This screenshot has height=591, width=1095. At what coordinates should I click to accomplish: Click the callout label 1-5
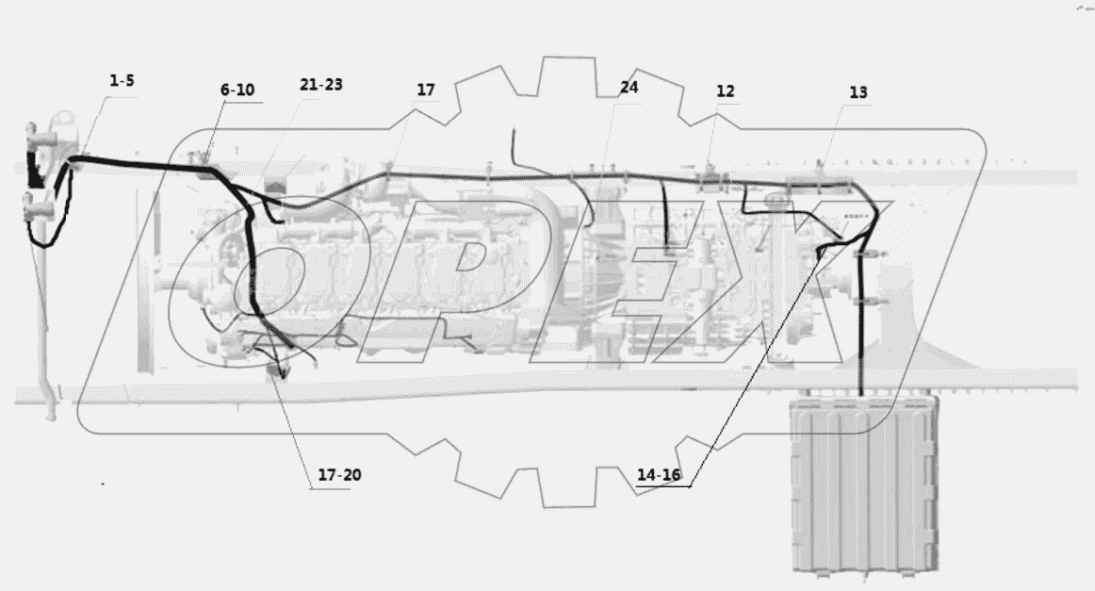click(x=122, y=81)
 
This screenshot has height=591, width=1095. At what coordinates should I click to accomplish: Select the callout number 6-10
click(x=237, y=90)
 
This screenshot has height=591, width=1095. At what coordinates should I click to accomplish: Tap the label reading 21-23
click(x=321, y=85)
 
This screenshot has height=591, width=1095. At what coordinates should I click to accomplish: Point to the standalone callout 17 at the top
click(x=426, y=90)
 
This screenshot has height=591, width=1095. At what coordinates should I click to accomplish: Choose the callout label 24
click(x=629, y=88)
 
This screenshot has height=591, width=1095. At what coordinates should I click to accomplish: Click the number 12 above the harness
click(x=725, y=91)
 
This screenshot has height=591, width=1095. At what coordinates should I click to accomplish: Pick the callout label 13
click(x=858, y=92)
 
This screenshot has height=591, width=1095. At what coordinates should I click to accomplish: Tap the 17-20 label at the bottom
click(x=339, y=475)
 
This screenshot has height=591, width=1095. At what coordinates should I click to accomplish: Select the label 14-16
click(x=658, y=475)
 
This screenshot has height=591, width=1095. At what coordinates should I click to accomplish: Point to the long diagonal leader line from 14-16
click(x=754, y=368)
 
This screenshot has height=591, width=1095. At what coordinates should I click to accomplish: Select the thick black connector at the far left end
click(x=34, y=174)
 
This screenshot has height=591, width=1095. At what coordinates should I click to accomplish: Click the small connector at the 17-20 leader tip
click(x=276, y=370)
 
